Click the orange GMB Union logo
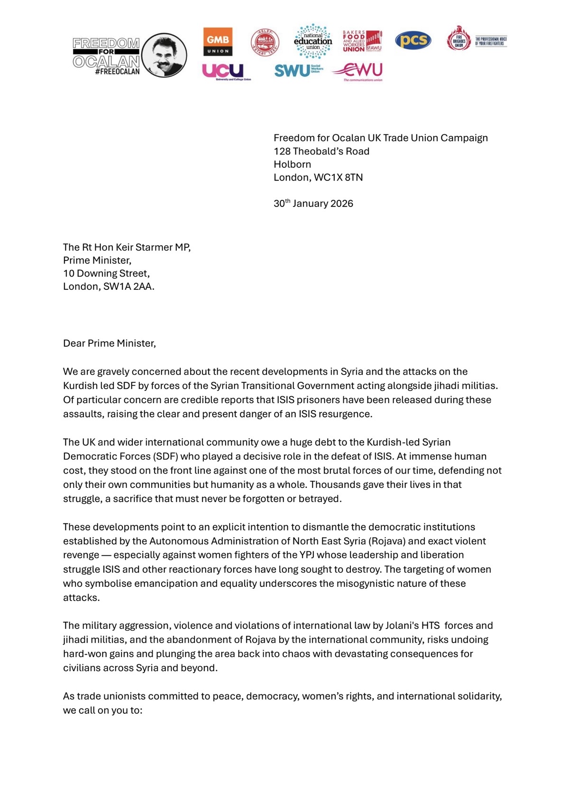pos(218,41)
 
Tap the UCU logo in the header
pos(223,71)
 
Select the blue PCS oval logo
pos(413,40)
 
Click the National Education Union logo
pos(313,41)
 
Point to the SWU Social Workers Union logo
pos(298,71)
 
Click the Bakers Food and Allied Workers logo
pos(362,41)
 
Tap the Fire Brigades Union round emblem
pos(458,39)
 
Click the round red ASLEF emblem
pos(265,42)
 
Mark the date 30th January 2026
pos(313,204)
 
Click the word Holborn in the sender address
pos(292,164)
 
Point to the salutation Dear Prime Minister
pos(110,343)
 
